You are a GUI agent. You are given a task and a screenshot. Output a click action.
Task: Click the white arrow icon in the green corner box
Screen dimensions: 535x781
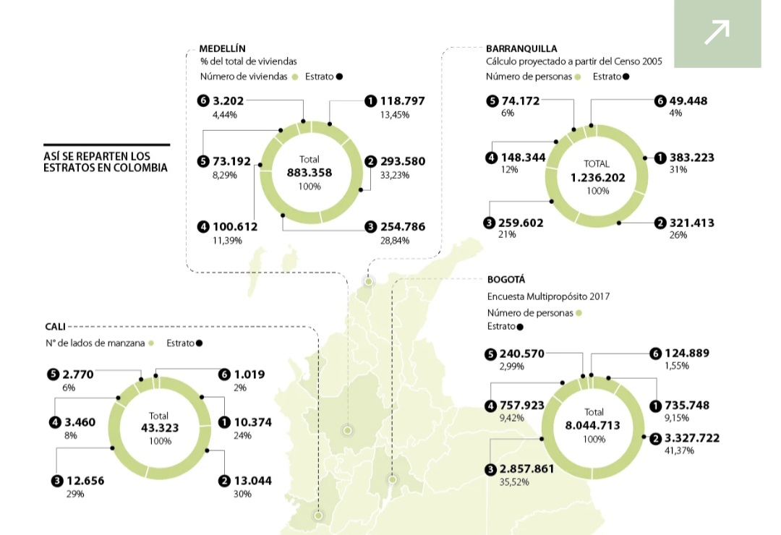pos(717,33)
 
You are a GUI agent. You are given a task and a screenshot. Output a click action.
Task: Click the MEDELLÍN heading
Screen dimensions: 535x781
pos(222,48)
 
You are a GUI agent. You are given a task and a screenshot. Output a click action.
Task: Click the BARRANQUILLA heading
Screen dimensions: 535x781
pos(521,48)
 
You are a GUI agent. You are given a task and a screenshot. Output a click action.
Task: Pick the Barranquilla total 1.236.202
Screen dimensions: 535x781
pos(597,177)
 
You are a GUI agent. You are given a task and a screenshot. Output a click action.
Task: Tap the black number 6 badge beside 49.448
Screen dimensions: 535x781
pos(660,101)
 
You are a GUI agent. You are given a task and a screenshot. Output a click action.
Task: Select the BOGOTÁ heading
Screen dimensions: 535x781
pos(506,279)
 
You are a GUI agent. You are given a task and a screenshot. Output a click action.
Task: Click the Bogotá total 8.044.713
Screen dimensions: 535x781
pos(593,425)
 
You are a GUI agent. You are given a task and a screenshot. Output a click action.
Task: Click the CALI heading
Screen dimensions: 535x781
pos(55,327)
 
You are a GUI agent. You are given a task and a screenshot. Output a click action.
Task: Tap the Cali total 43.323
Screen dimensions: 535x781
pos(158,427)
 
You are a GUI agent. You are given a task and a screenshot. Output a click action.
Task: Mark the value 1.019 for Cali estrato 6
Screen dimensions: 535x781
pos(249,374)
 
